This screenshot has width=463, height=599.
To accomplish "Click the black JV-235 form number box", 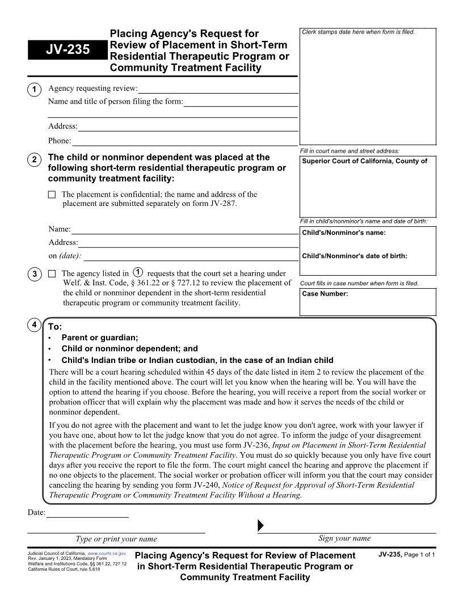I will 68,50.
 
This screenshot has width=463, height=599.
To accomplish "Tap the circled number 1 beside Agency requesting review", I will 34,90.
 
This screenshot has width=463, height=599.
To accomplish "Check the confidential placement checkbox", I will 52,195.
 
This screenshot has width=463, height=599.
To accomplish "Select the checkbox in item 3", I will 52,274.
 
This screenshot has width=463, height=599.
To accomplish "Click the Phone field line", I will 184,141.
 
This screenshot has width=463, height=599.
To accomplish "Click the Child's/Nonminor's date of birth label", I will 355,256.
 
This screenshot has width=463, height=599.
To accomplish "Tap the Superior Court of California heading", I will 364,161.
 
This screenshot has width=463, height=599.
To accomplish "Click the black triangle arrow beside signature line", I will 260,525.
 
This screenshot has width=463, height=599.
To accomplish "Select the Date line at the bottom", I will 87,513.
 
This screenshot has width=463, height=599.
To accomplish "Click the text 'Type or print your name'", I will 116,539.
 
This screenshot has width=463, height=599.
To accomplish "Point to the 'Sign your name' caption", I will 344,538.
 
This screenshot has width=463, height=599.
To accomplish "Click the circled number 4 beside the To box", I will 34,325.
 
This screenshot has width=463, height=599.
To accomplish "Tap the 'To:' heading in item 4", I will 55,327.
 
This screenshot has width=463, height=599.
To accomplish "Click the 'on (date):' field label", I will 65,256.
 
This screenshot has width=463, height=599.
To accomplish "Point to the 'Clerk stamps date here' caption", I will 358,32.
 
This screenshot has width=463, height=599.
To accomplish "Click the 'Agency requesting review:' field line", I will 218,89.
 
